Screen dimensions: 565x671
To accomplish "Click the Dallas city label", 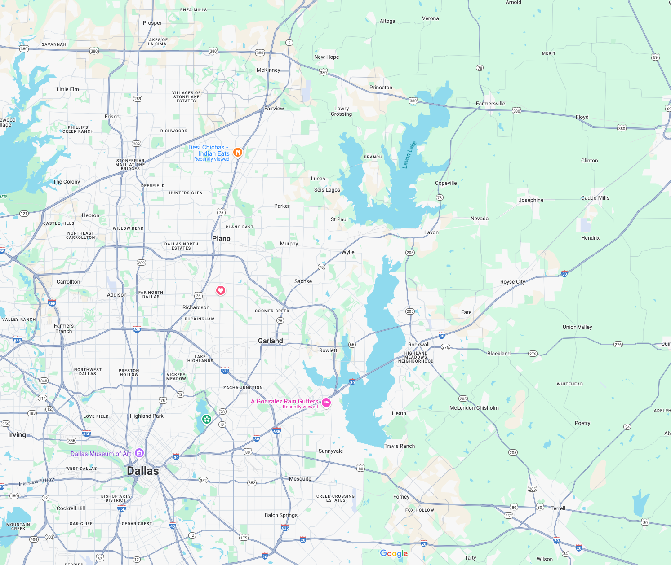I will pos(143,471).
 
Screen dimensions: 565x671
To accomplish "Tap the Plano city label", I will pos(221,239).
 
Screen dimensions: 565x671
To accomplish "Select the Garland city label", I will pos(271,341).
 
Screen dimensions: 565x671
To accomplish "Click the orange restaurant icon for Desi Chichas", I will pos(238,152).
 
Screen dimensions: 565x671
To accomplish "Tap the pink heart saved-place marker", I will pos(221,290).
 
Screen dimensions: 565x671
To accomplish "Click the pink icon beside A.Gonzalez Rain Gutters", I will pos(327,403).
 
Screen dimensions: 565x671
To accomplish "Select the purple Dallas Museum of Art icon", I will pos(139,453).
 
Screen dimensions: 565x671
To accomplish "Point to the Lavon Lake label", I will pos(409,155).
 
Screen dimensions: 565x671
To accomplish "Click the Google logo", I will pos(394,553).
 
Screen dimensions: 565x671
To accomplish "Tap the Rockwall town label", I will pos(418,345).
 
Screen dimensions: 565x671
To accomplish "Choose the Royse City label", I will pos(512,282).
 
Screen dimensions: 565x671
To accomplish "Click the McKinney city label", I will pos(268,70).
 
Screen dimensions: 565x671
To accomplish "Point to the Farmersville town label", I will pos(490,104).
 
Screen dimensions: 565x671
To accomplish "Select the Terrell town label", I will pos(558,508).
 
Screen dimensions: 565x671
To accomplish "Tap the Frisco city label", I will pos(112,117).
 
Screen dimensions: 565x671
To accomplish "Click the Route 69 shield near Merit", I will pos(655,57).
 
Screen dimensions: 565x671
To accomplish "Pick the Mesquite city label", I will pos(300,479).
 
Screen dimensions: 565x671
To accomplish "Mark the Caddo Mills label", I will pos(595,198).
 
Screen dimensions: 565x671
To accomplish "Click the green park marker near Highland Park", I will pos(206,419).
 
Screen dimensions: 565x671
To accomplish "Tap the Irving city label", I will pos(17,435).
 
